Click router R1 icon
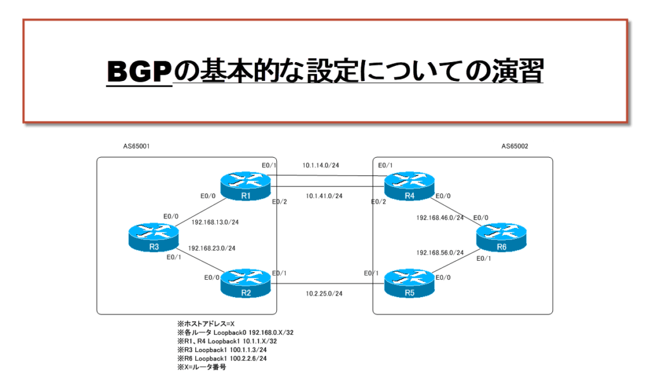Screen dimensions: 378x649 pos(245,185)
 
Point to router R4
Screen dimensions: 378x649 pos(409,185)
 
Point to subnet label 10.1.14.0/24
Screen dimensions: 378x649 pos(321,165)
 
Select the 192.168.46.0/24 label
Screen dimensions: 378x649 pos(440,217)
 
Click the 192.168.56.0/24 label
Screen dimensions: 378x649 pos(440,252)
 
